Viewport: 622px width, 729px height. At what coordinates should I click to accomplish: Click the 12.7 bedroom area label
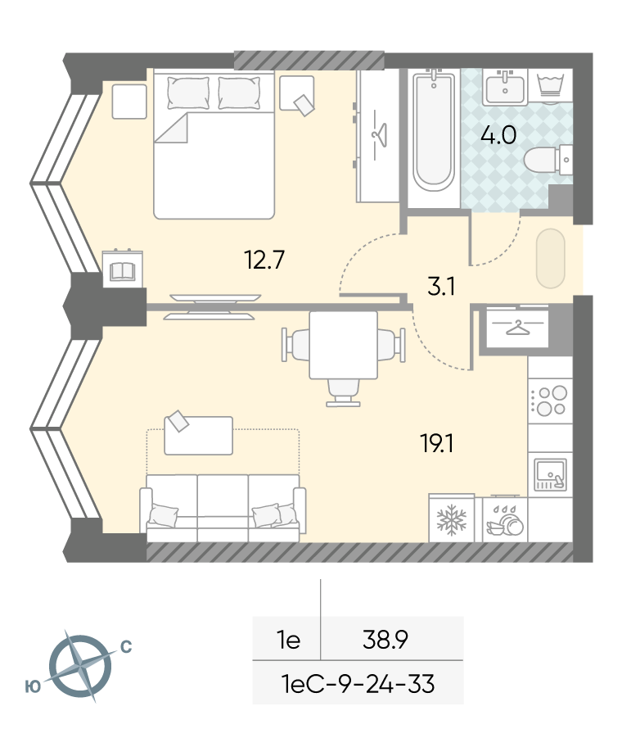264,260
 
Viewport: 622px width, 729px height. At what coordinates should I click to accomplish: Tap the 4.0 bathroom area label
498,135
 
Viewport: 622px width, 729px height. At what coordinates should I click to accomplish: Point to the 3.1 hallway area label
441,287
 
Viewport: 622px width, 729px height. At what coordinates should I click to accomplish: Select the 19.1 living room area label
437,443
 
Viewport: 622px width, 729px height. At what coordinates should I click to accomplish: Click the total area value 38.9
385,640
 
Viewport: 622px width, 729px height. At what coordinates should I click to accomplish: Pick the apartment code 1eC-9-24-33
358,684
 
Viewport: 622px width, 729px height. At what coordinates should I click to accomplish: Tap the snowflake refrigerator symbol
451,520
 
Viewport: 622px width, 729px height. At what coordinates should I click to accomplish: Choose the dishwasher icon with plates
505,520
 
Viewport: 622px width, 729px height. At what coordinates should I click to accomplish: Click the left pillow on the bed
188,93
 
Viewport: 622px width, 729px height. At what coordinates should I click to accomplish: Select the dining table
343,345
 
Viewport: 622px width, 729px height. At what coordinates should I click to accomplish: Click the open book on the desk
122,271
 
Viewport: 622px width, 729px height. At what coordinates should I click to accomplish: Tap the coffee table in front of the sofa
198,435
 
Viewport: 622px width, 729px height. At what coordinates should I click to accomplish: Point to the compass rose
80,666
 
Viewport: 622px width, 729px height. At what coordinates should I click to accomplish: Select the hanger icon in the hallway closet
517,328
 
